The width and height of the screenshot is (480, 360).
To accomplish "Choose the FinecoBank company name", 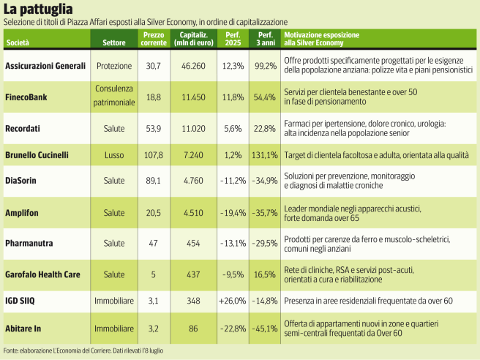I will point(27,96).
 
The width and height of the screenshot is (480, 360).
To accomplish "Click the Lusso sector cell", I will point(113,155).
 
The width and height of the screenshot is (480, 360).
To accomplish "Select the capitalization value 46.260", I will point(192,66).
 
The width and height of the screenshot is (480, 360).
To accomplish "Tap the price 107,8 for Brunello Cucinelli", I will point(154,155).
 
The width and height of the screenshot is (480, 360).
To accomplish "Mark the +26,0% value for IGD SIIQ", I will point(231,300).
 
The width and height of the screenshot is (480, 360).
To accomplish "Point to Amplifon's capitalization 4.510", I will point(192,212).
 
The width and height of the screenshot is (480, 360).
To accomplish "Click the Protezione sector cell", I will point(113,66).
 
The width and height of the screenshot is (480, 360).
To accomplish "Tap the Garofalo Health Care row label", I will point(42,274).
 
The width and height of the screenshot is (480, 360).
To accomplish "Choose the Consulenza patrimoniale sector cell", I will point(113,96).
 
